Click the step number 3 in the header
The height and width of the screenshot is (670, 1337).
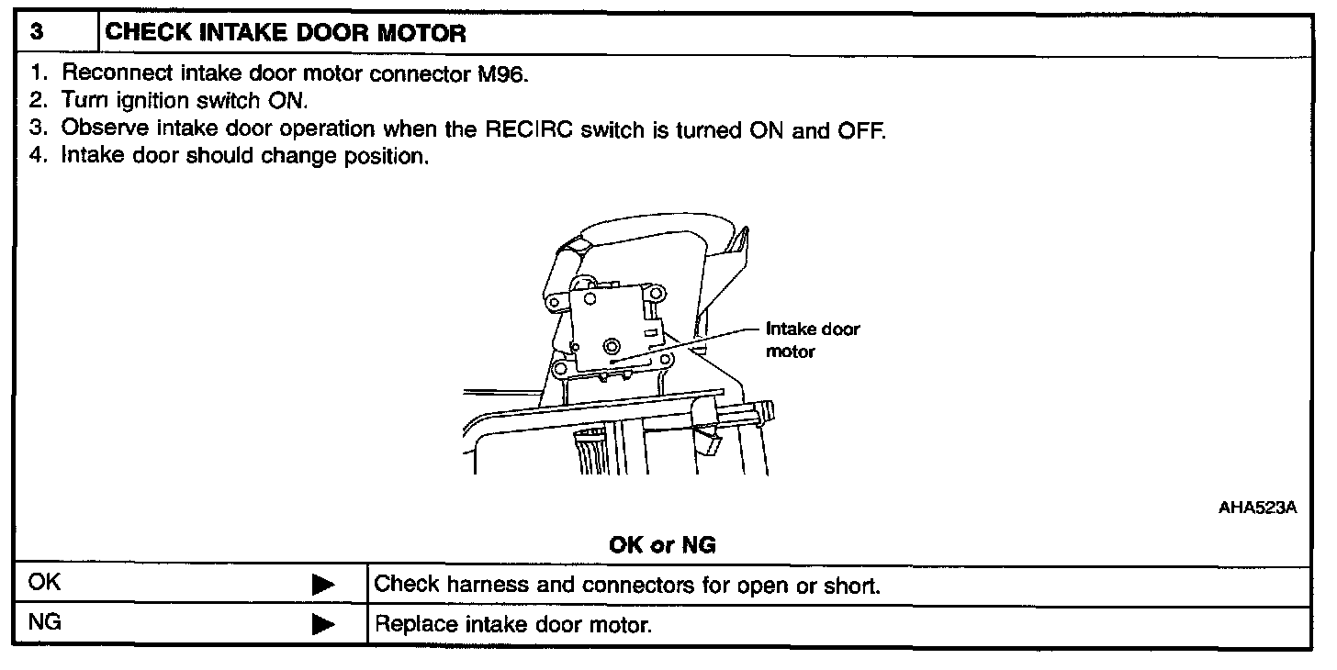click(x=36, y=34)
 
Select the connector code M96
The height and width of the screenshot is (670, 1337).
click(x=503, y=75)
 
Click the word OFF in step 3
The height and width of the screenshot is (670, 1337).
click(x=860, y=129)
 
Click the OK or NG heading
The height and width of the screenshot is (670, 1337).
click(x=663, y=545)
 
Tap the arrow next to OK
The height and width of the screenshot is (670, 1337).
click(x=322, y=585)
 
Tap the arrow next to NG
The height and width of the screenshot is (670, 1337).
click(x=322, y=626)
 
